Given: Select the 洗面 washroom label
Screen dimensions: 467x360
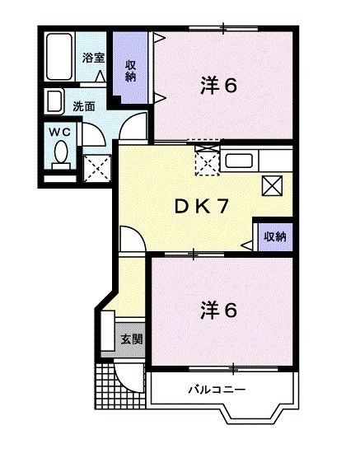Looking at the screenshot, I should tap(82, 106).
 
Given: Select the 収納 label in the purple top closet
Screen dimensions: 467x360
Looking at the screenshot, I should tap(130, 71).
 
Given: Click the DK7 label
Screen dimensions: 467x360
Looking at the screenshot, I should tap(200, 207).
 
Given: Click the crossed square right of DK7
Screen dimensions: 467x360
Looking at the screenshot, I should tap(272, 185).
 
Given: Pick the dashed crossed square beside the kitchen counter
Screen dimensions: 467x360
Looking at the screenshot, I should tap(208, 160).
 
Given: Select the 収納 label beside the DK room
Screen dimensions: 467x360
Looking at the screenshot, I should tap(274, 236).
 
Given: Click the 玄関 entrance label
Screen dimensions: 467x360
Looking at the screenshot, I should tap(131, 339).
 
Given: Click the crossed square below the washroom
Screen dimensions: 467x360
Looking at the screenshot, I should tap(98, 168).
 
